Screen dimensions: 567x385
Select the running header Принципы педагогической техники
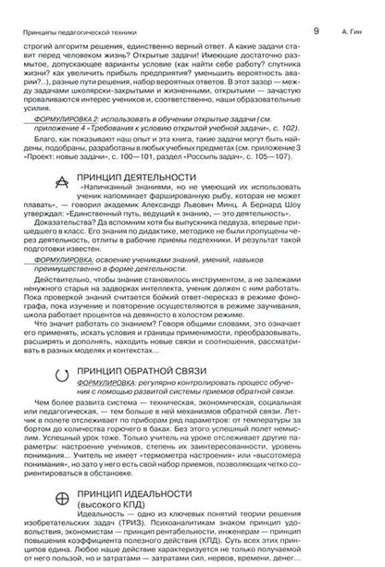tap(66, 7)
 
